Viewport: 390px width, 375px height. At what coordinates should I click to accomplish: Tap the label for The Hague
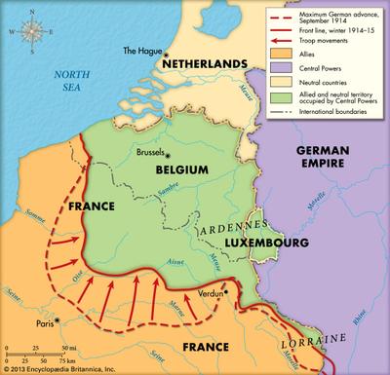tap(140, 51)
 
